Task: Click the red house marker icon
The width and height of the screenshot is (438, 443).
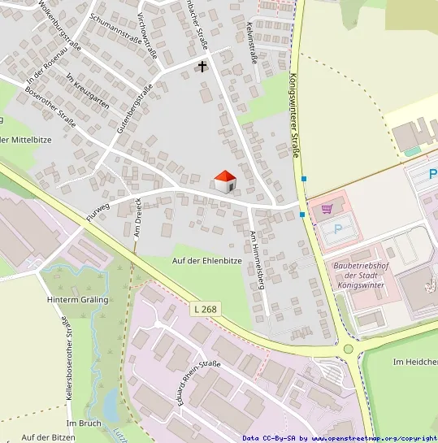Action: point(224,181)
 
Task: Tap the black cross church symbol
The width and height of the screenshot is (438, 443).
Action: point(202,66)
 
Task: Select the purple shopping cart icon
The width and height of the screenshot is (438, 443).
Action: point(327,209)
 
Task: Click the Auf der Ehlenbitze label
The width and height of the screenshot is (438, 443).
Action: point(207,260)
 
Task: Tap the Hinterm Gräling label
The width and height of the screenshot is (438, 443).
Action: point(77,300)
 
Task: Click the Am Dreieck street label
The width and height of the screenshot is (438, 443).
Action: point(137,217)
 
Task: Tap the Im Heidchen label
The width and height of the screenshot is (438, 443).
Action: point(414,362)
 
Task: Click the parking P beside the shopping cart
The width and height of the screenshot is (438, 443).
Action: point(338,229)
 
